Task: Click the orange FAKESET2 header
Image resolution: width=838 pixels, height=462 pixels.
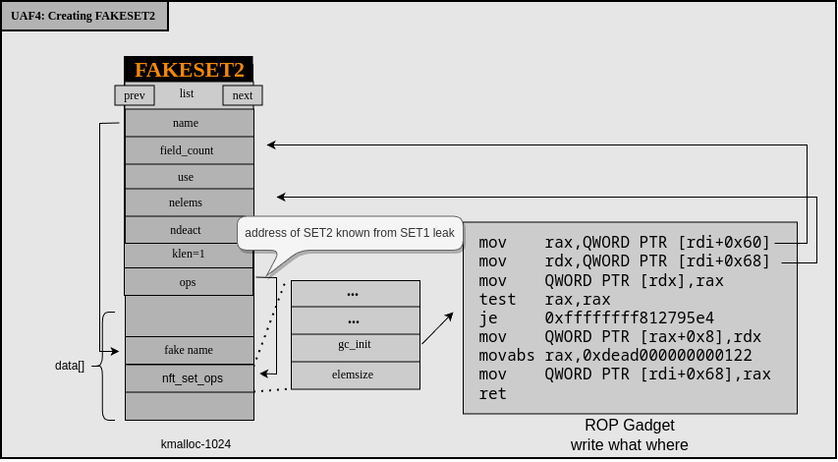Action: [189, 70]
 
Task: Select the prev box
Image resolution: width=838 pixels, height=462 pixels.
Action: [135, 95]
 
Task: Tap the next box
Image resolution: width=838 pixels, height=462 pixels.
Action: [243, 95]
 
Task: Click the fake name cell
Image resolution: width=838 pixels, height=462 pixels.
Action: [189, 350]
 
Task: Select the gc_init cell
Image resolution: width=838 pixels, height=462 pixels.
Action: [355, 345]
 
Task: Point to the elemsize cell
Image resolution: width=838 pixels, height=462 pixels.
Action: [355, 375]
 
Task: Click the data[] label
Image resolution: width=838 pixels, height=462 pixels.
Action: [70, 366]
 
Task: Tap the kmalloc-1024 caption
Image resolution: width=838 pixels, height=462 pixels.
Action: [196, 444]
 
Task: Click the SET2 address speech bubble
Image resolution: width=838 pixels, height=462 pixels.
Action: [349, 234]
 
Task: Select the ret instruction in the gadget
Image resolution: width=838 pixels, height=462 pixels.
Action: [493, 393]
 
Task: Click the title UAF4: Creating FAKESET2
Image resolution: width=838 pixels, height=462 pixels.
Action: [84, 16]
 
